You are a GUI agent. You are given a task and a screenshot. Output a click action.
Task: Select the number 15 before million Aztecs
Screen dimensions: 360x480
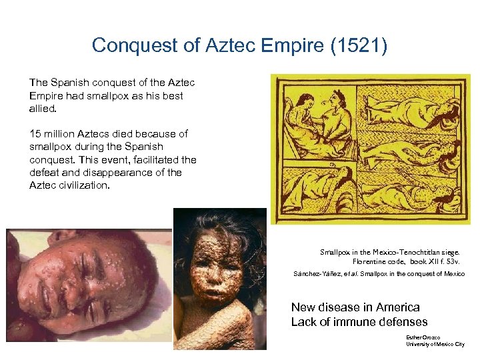tap(35, 133)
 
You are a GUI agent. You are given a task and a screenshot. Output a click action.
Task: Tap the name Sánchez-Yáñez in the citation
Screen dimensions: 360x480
tap(315, 275)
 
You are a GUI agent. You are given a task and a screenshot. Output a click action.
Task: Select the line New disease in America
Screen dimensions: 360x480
tap(355, 307)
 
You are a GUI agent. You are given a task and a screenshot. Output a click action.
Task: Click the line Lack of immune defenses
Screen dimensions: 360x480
tap(359, 322)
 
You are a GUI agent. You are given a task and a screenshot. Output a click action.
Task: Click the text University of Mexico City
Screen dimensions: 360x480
tap(435, 344)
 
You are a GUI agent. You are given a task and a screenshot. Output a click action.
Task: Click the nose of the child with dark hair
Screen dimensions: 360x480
tap(211, 273)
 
